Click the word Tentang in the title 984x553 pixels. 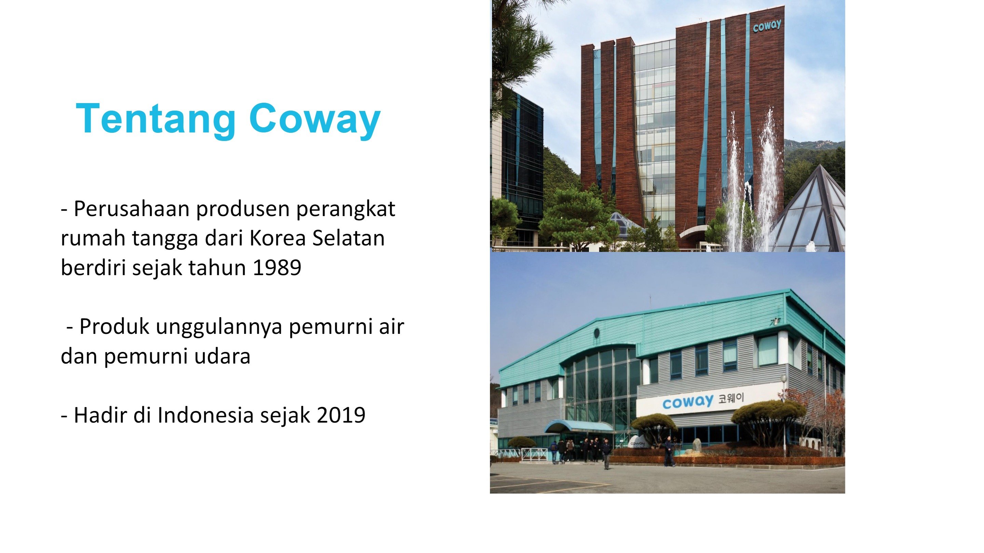tap(156, 119)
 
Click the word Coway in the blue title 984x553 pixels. tap(315, 119)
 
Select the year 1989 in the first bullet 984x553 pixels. tap(277, 267)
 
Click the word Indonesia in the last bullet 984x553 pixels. tap(205, 415)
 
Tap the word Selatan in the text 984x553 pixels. tap(348, 238)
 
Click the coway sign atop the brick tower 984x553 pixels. tap(767, 26)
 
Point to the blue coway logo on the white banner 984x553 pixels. tap(687, 402)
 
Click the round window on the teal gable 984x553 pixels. tap(597, 333)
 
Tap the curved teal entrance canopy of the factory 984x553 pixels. tap(579, 426)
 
